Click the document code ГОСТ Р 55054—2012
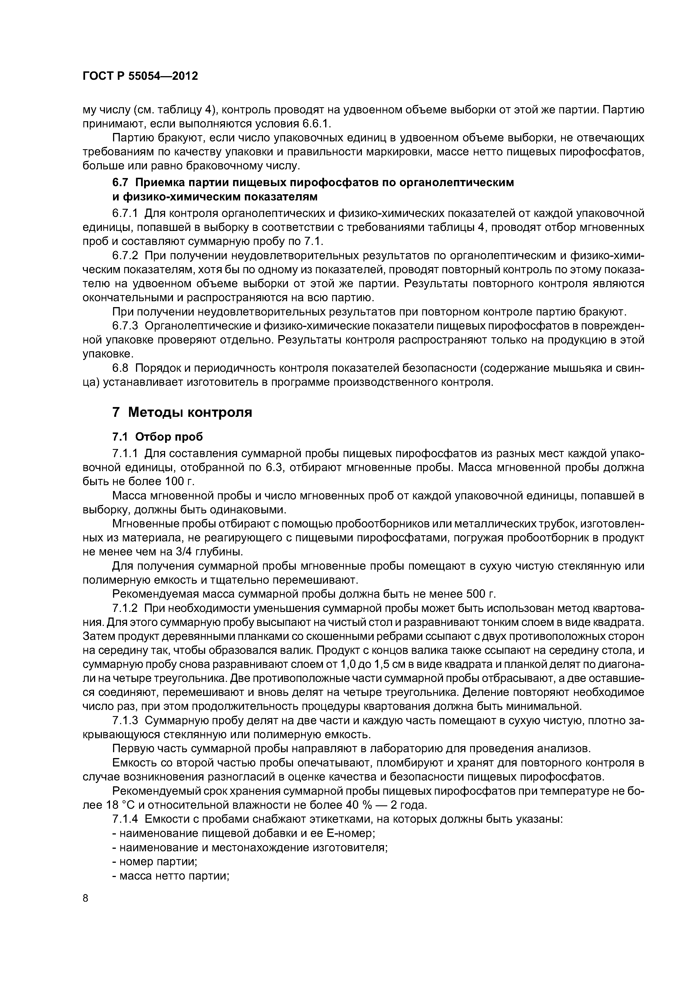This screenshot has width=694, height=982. click(140, 76)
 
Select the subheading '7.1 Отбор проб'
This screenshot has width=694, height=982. click(157, 437)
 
